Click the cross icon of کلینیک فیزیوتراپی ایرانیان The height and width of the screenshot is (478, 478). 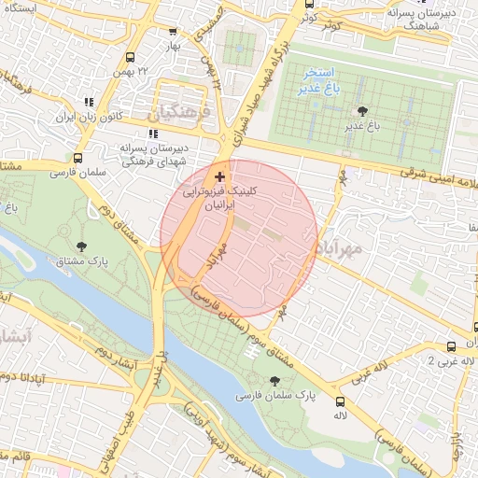coord(219,176)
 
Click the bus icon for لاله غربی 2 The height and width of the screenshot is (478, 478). coord(451,345)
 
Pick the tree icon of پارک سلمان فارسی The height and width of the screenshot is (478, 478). coord(274,381)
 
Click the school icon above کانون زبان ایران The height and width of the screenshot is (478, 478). coord(89,102)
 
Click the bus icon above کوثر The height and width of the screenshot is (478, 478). coord(309,4)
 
